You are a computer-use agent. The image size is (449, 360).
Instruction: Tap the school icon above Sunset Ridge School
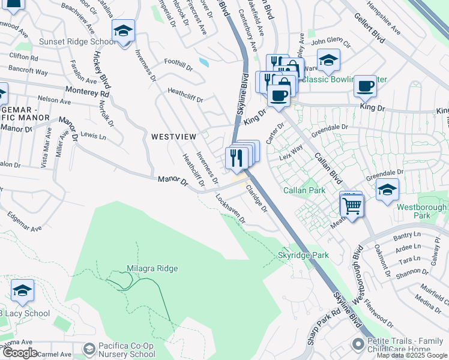tap(123, 31)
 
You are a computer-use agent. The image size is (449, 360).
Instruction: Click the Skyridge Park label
tap(303, 255)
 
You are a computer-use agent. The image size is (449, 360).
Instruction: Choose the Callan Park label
tap(305, 190)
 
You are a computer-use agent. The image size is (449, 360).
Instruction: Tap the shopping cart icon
tap(352, 206)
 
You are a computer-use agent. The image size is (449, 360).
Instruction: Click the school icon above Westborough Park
tap(387, 191)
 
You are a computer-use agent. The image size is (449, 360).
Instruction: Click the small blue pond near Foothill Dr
tap(204, 61)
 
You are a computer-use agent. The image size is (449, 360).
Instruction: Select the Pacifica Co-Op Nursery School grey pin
tap(89, 349)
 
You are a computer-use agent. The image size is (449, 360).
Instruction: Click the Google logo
tap(19, 353)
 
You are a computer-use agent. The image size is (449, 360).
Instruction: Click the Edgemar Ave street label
tap(25, 221)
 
